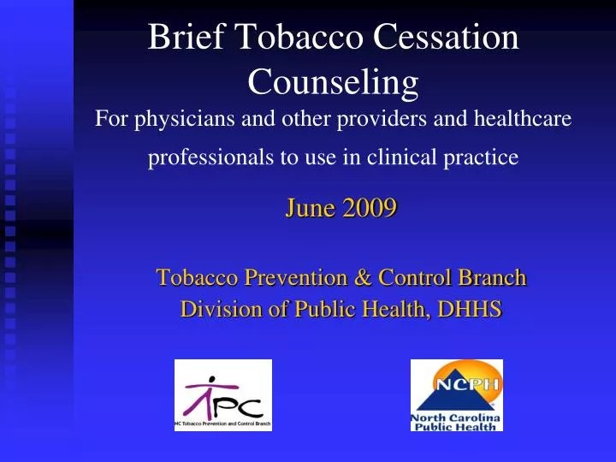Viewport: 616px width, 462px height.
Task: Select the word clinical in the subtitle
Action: point(402,157)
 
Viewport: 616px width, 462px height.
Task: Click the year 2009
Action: point(369,208)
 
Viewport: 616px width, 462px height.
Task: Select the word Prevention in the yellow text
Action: point(296,278)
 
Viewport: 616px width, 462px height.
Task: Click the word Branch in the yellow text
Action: point(494,278)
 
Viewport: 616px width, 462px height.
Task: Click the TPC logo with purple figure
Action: point(223,394)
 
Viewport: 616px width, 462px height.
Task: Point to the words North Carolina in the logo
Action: point(457,417)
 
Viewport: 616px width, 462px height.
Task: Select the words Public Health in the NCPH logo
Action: point(457,426)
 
